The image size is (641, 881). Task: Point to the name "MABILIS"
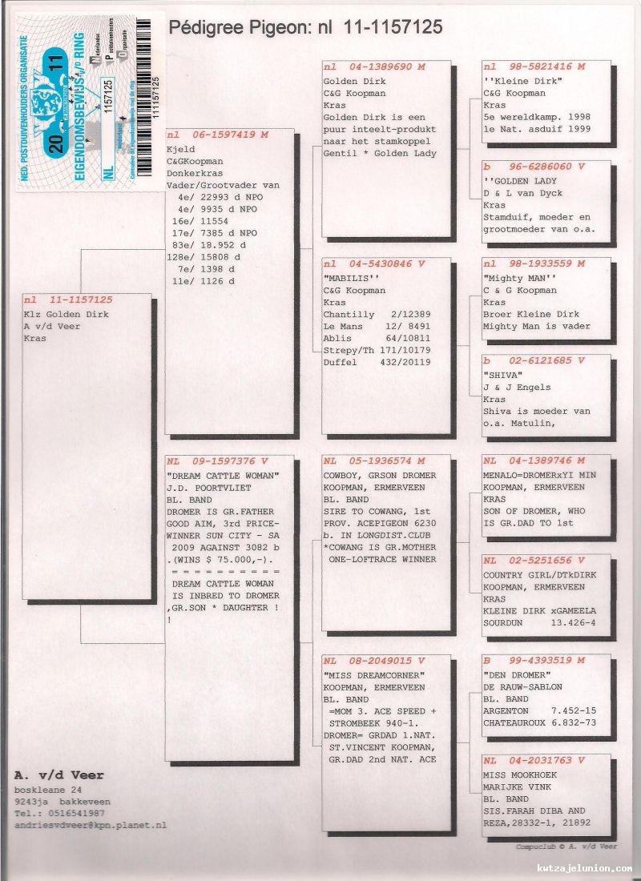click(345, 278)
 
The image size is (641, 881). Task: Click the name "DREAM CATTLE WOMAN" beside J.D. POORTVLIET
click(224, 476)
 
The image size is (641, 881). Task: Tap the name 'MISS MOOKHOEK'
click(518, 774)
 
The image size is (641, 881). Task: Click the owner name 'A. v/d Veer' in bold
click(59, 776)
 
